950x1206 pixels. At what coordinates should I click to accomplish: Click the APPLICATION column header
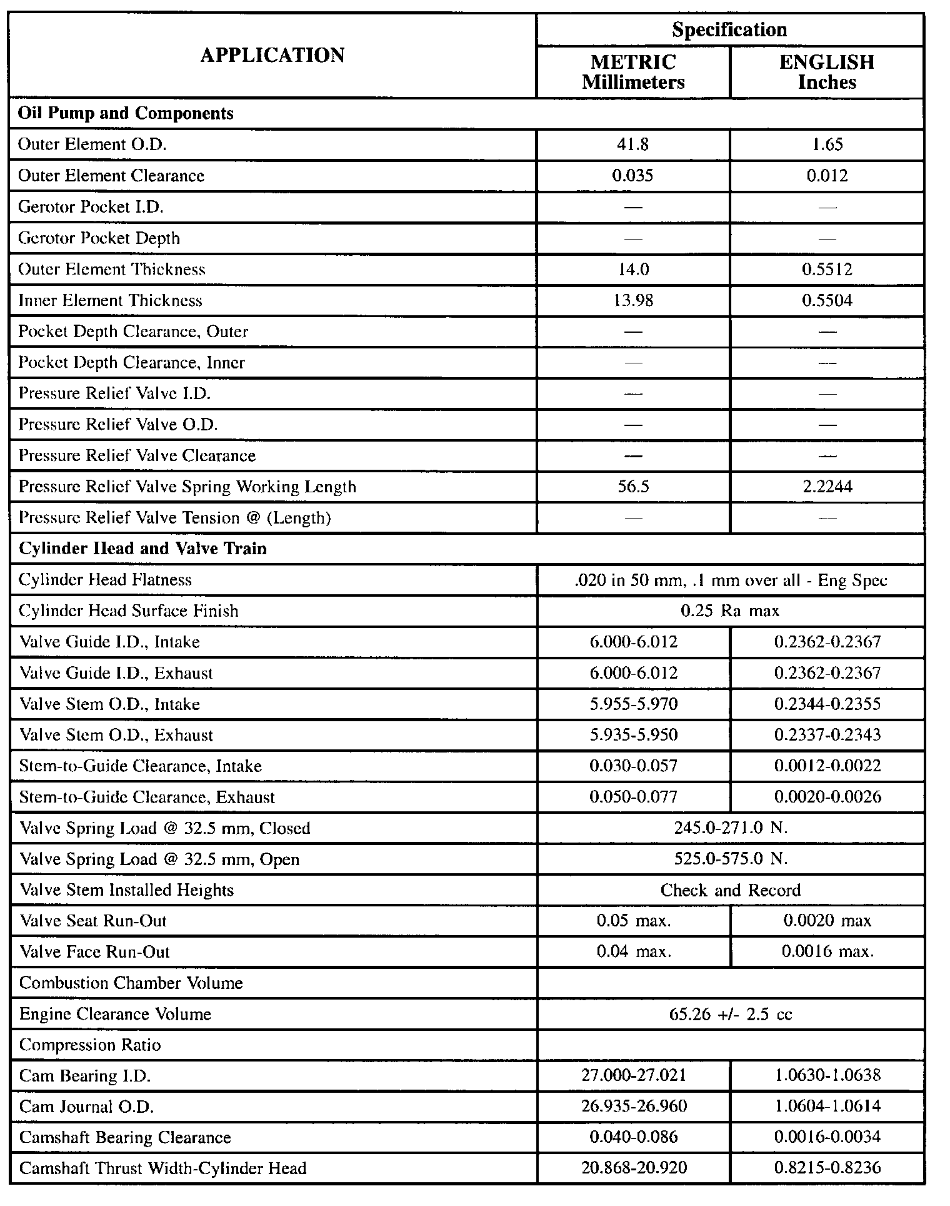click(272, 56)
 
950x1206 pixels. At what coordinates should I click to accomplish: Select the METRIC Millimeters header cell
click(633, 72)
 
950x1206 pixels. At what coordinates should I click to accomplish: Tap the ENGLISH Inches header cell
click(826, 72)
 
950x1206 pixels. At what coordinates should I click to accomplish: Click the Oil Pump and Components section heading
click(126, 113)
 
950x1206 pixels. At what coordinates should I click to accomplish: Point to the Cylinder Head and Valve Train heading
click(143, 549)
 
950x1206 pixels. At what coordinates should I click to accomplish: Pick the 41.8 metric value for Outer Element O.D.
click(633, 144)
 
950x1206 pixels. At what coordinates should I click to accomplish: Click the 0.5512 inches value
click(827, 269)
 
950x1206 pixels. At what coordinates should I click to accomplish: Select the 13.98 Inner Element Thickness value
click(633, 300)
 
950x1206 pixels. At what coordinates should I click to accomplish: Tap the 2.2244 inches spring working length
click(827, 487)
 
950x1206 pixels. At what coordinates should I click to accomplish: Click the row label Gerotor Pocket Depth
click(99, 238)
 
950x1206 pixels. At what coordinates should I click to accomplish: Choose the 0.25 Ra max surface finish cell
click(730, 611)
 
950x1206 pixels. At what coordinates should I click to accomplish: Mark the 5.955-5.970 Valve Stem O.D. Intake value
click(633, 704)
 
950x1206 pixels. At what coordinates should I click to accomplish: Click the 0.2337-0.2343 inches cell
click(827, 734)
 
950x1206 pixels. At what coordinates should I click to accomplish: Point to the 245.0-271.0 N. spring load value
click(730, 828)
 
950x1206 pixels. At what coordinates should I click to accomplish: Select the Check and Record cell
click(730, 889)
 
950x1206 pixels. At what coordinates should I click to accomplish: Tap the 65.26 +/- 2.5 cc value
click(730, 1014)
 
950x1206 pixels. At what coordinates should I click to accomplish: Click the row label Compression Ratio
click(91, 1045)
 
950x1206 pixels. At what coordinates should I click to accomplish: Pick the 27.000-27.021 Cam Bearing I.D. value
click(633, 1075)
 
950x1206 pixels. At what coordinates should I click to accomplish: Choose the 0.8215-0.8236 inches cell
click(827, 1168)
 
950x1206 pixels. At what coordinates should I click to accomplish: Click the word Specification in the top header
click(729, 30)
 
